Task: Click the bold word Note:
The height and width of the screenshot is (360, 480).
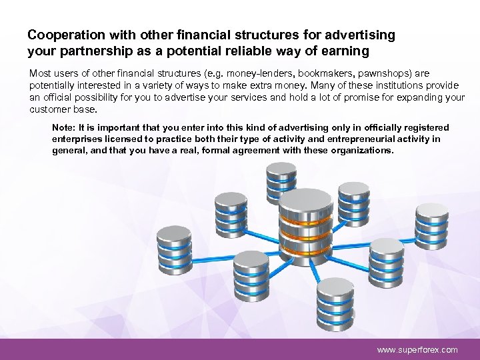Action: click(x=63, y=127)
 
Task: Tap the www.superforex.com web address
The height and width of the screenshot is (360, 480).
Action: click(x=417, y=349)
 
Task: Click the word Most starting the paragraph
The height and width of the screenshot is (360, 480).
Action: click(x=39, y=73)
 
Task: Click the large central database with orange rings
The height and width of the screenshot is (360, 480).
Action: click(x=305, y=223)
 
